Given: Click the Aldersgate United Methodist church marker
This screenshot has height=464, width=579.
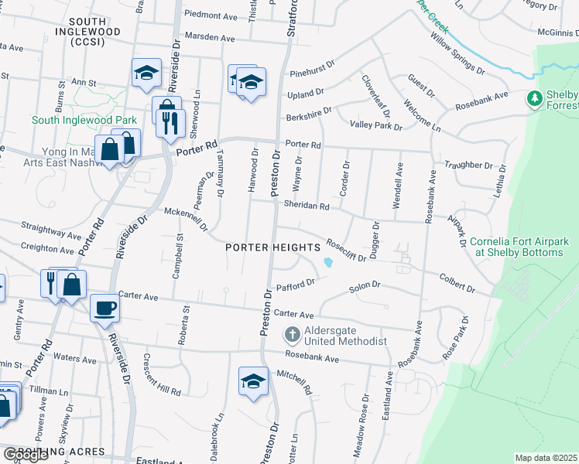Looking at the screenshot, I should (292, 335).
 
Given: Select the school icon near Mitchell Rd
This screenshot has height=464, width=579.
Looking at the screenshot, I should (252, 381).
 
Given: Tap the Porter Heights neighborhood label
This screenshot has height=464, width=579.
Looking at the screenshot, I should (272, 247).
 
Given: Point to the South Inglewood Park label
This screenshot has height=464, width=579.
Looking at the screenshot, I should (84, 120).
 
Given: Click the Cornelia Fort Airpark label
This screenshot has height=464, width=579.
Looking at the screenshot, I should (519, 247).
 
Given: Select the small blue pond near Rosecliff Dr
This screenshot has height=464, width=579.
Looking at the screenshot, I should (328, 263).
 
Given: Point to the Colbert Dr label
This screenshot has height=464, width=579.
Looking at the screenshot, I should (457, 282).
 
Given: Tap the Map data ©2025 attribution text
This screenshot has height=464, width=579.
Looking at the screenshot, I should (546, 458).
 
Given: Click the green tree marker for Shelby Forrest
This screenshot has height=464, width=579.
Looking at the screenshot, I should (533, 98).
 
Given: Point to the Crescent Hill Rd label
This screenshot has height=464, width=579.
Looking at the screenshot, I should (161, 374).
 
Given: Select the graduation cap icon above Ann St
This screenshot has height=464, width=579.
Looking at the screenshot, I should (146, 72).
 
